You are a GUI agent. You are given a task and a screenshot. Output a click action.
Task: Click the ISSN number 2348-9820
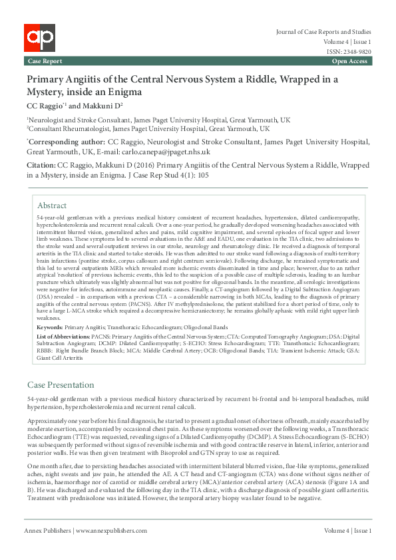click(357, 51)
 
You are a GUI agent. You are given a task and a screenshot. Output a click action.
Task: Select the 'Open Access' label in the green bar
click(349, 61)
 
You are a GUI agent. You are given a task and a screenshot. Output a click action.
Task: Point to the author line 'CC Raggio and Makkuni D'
click(75, 106)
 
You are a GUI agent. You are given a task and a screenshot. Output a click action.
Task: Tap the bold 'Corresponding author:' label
click(67, 142)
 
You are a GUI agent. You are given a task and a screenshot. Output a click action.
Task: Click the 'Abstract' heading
click(52, 206)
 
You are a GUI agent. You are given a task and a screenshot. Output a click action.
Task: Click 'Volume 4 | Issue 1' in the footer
click(347, 549)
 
